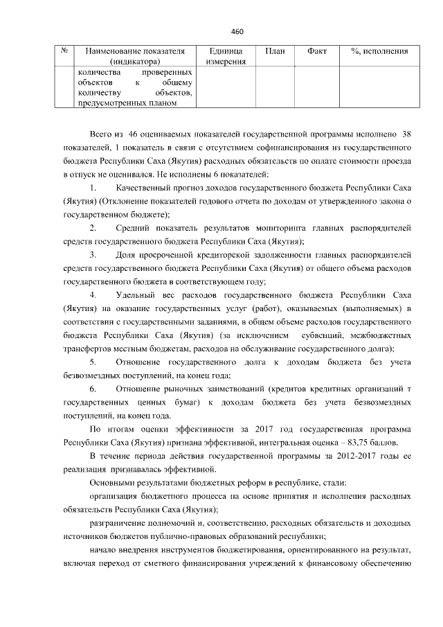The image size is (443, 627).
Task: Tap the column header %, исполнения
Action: pyautogui.click(x=379, y=51)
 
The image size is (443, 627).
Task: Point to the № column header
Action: pyautogui.click(x=64, y=51)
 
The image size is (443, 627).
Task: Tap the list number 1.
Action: pyautogui.click(x=93, y=188)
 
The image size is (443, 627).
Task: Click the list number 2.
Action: pyautogui.click(x=93, y=228)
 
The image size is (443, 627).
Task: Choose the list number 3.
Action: pyautogui.click(x=93, y=255)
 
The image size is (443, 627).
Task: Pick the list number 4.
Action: pyautogui.click(x=93, y=295)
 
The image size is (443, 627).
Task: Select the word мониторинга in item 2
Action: pyautogui.click(x=279, y=228)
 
